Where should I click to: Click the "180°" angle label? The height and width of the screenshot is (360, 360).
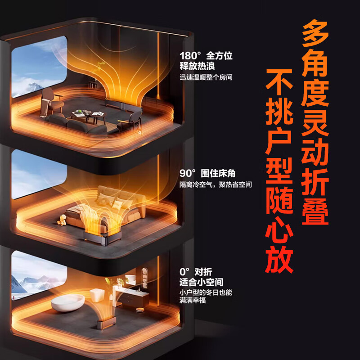[x=190, y=57]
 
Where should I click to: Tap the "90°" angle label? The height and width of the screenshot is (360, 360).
[x=188, y=173]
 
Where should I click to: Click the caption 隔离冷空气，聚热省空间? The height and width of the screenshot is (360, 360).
[x=216, y=185]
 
